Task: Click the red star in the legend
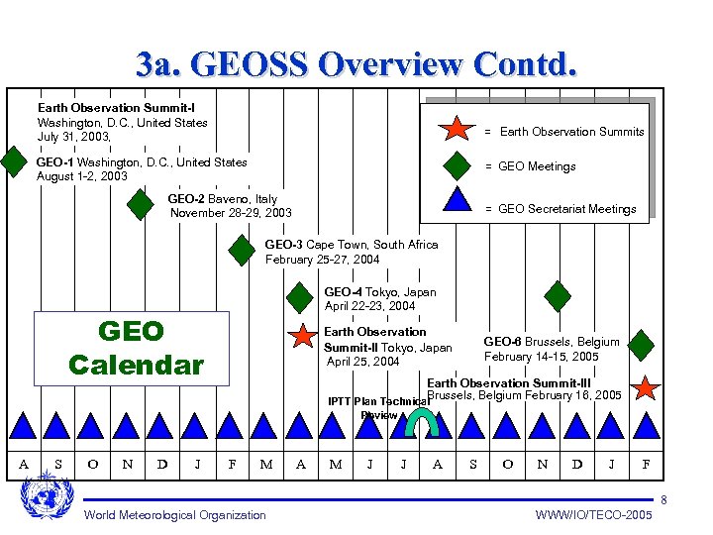pos(457,129)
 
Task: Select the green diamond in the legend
pos(457,165)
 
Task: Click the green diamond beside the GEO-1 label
pos(13,161)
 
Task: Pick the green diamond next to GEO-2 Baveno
pos(142,205)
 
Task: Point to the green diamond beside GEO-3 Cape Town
pos(242,251)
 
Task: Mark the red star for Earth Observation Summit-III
pos(646,387)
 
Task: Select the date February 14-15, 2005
pos(541,357)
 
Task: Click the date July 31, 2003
pos(74,137)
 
